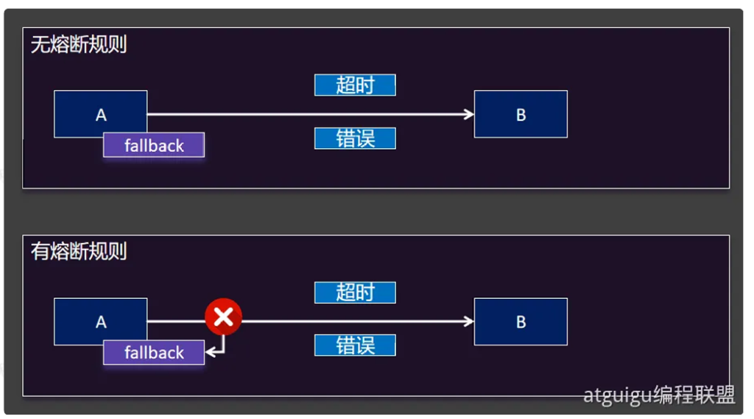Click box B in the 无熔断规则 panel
[x=521, y=114]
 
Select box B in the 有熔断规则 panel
[x=521, y=322]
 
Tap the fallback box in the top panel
[x=154, y=145]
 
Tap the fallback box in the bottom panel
[x=154, y=353]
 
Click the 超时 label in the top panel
[x=355, y=85]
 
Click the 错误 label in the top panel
[x=355, y=138]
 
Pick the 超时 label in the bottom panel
[x=355, y=292]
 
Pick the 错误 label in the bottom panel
[x=355, y=345]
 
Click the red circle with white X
[x=223, y=317]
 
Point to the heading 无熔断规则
[x=79, y=45]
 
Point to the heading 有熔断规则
[x=79, y=252]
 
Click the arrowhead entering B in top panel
[x=468, y=114]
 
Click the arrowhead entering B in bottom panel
[x=468, y=322]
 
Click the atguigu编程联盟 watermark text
[x=659, y=395]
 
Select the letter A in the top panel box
[x=101, y=115]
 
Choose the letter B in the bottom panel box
[x=521, y=322]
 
